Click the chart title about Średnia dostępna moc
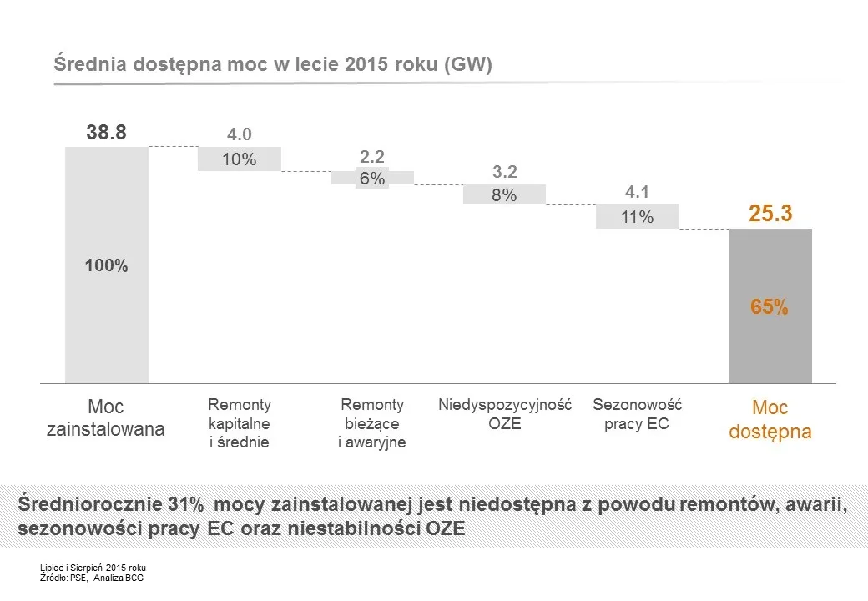(x=273, y=65)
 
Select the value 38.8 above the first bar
(x=106, y=132)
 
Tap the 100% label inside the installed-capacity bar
(x=106, y=266)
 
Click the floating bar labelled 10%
(x=239, y=159)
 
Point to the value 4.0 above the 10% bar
(x=239, y=135)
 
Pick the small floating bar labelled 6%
(x=372, y=178)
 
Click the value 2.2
(x=372, y=157)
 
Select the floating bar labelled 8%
(x=504, y=194)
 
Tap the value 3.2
(x=505, y=173)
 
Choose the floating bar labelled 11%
(x=637, y=217)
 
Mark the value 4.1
(x=637, y=193)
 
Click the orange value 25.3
(x=770, y=215)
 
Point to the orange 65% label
(x=770, y=307)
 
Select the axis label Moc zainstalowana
(x=106, y=419)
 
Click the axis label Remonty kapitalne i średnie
(x=239, y=424)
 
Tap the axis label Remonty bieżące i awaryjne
(x=372, y=424)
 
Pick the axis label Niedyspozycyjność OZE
(x=505, y=414)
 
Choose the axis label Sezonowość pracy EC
(x=637, y=414)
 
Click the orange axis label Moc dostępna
(x=770, y=420)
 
